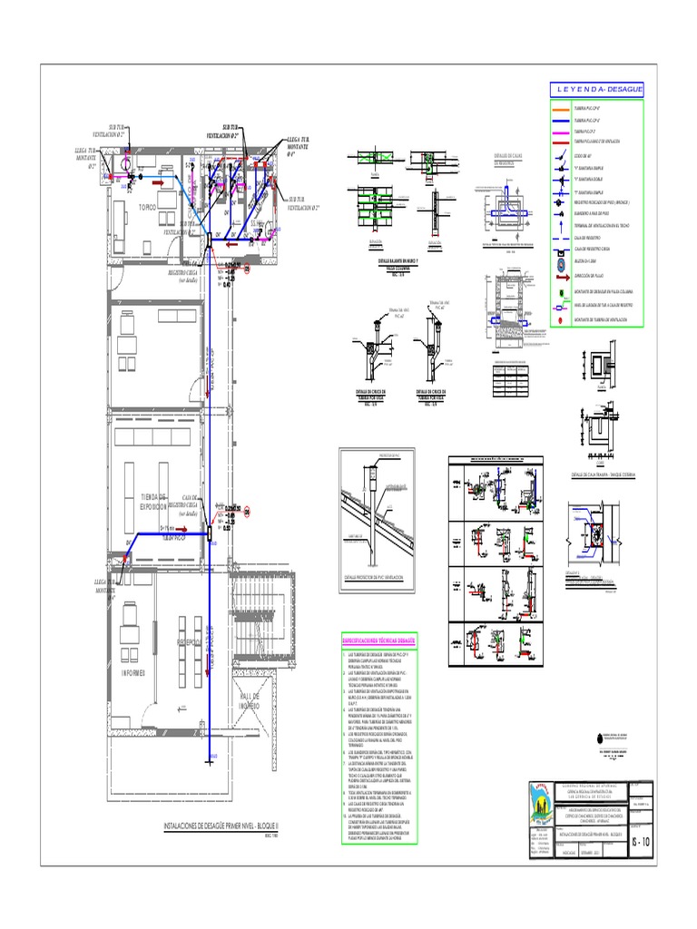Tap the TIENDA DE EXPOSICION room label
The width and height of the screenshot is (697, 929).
tap(154, 503)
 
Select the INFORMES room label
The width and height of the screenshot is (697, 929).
tap(134, 673)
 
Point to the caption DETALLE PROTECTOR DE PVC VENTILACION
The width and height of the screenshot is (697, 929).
tap(380, 577)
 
